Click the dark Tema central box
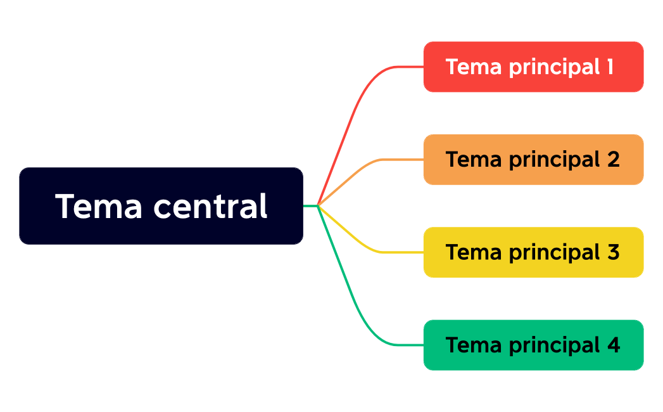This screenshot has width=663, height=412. [x=161, y=206]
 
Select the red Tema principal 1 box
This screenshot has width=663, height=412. [x=533, y=67]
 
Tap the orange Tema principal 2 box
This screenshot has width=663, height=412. [x=533, y=160]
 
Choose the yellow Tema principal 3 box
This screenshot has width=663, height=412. [x=533, y=252]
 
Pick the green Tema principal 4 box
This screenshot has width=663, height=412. [x=533, y=345]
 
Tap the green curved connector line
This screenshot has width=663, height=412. [x=355, y=304]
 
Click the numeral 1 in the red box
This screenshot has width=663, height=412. [x=609, y=67]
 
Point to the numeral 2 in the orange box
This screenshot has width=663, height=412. [x=612, y=160]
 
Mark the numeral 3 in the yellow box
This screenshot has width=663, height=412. [x=612, y=252]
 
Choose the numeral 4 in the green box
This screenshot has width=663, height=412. [x=612, y=345]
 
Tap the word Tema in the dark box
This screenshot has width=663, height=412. [x=99, y=207]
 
